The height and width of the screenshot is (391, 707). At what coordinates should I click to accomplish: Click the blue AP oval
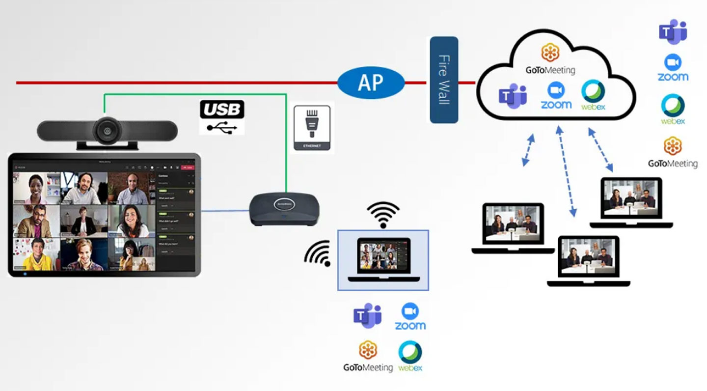coord(371,83)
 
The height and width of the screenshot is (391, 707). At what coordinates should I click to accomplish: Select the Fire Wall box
coord(444,80)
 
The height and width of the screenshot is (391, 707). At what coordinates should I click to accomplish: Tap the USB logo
coord(221,117)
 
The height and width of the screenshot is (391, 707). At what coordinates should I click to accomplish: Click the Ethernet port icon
coord(312,127)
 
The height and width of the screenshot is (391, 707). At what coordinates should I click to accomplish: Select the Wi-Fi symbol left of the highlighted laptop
coord(318,253)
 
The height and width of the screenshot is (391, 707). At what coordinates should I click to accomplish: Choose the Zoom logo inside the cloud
coord(556,96)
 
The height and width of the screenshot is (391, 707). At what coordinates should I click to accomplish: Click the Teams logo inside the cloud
coord(513,96)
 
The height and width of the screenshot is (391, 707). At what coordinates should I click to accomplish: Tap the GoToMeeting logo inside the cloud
coord(550,59)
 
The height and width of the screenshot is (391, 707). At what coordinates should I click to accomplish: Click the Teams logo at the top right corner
coord(673,31)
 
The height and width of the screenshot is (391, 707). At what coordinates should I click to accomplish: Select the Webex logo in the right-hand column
coord(673,110)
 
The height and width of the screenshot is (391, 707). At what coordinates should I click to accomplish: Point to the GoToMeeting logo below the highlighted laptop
coord(368,356)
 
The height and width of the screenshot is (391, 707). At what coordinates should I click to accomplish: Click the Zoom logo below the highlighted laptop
coord(410,316)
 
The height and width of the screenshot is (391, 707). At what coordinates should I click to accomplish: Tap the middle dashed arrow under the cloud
coord(566,171)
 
